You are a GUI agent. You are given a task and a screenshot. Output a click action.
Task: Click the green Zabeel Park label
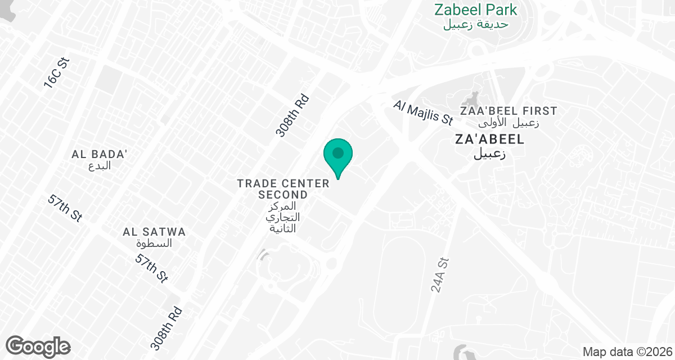click(475, 10)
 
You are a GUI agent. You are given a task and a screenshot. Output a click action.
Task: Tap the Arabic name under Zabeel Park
click(475, 24)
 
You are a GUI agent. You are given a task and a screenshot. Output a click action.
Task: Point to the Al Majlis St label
click(423, 112)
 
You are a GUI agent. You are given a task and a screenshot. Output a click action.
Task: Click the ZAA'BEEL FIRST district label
click(508, 111)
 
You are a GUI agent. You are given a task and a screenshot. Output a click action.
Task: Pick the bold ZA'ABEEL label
click(489, 139)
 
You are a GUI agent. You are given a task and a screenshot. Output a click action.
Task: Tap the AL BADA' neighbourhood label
click(100, 154)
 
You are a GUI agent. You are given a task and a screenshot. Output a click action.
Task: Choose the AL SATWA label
click(154, 232)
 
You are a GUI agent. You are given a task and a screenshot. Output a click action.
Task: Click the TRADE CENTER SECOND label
click(283, 189)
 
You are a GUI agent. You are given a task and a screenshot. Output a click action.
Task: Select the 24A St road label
click(441, 275)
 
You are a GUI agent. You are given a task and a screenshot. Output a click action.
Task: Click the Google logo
click(38, 345)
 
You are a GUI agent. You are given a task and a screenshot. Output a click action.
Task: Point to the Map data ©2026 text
click(627, 352)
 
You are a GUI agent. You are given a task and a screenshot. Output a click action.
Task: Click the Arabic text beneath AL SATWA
click(154, 244)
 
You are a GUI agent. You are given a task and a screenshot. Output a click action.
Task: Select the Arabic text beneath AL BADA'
click(100, 166)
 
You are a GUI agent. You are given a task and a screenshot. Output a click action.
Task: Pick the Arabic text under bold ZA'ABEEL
click(489, 154)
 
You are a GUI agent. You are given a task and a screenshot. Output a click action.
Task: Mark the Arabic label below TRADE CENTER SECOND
click(283, 217)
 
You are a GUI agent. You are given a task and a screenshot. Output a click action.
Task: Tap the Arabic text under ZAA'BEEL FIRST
click(508, 123)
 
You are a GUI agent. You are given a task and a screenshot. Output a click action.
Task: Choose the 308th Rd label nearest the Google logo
click(167, 328)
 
